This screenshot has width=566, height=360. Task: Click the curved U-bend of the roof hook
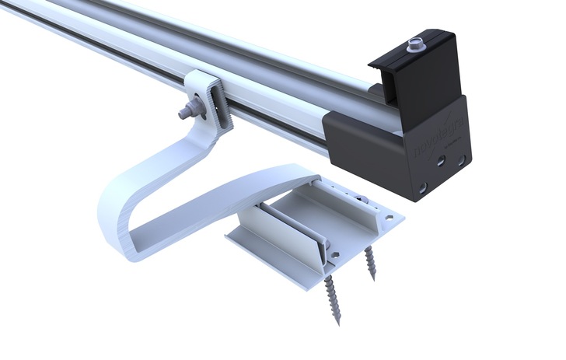pos(117,218)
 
